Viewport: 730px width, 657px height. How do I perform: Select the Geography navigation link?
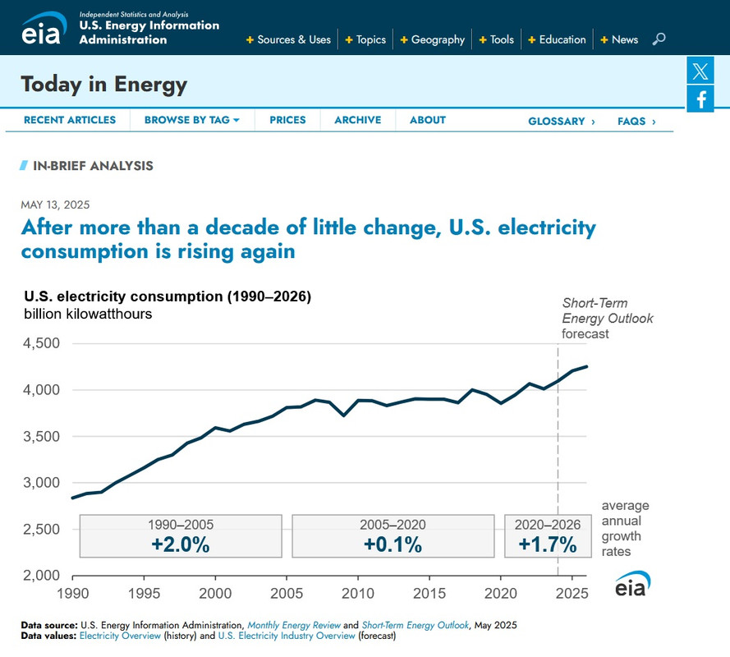coord(437,39)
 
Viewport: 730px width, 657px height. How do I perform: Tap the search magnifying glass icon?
coord(659,39)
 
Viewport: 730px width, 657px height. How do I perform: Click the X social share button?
coord(700,71)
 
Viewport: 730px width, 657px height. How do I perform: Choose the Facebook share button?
coord(700,99)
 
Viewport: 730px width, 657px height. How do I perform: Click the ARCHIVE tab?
coord(357,120)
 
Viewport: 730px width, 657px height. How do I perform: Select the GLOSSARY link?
coord(561,122)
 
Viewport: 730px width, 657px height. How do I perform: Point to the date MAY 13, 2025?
coord(55,205)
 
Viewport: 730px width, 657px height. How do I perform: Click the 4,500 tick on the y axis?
coord(42,343)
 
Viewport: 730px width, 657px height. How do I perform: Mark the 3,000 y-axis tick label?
coord(42,483)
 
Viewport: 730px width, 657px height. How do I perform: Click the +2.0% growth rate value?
coord(181,544)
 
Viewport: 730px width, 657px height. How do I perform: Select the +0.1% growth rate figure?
coord(393,544)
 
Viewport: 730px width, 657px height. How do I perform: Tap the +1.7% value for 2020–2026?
coord(547,544)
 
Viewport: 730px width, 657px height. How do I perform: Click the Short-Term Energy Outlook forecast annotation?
coord(607,319)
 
